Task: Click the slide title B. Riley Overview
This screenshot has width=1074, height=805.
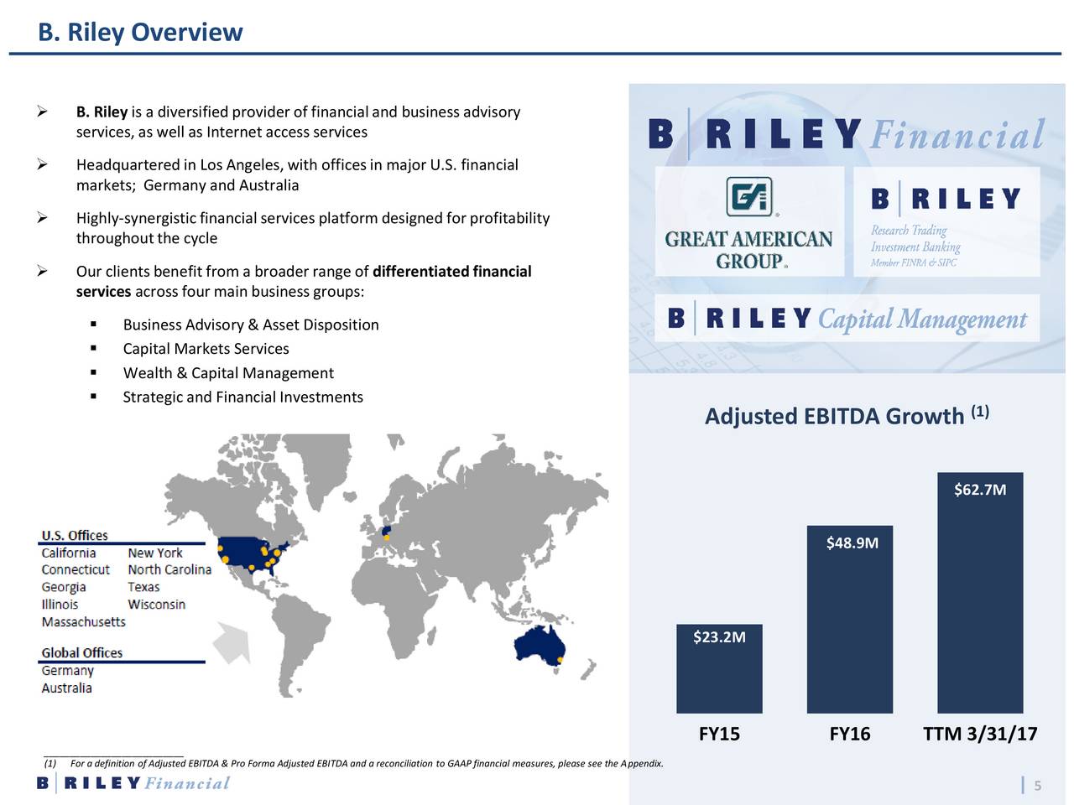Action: (140, 32)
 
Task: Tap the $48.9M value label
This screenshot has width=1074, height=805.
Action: (852, 543)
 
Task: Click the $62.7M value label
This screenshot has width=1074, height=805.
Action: (979, 490)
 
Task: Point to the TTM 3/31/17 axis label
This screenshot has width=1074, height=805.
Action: (979, 735)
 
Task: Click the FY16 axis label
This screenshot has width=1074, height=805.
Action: (849, 735)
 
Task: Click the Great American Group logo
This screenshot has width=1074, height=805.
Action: (749, 222)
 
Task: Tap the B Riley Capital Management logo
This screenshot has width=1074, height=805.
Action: (847, 319)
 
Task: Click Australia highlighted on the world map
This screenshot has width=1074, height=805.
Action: (540, 649)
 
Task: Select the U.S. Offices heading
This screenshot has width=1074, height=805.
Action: (75, 536)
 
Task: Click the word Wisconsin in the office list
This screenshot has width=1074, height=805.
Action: (156, 605)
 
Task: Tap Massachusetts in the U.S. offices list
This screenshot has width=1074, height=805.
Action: (83, 622)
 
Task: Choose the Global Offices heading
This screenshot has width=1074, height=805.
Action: (81, 653)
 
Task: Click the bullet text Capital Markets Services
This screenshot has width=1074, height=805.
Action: (206, 349)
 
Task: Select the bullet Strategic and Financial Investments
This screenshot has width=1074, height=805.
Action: (242, 397)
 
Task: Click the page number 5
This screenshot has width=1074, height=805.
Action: (1037, 786)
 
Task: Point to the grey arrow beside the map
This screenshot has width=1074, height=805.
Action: (232, 643)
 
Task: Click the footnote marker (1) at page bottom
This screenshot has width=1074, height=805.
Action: (50, 763)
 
